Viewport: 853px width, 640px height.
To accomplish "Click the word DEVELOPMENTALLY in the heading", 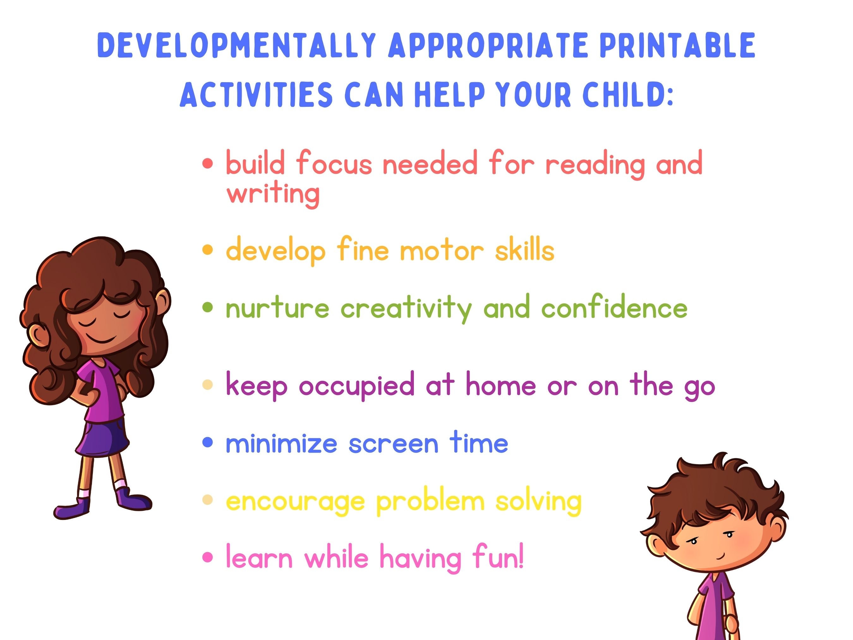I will point(236,46).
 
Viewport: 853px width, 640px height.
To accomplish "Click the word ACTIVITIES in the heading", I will point(256,94).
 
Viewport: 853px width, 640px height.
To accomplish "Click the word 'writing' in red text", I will point(273,193).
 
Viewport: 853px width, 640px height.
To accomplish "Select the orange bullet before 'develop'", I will point(208,250).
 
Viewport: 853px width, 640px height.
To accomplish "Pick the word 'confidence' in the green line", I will point(614,308).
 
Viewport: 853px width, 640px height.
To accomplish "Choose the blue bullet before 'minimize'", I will point(208,442).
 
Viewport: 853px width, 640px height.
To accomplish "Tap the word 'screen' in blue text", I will point(393,444).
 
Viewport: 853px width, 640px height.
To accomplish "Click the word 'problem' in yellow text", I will point(430,502).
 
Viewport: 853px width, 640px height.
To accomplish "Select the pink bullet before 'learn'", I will point(208,558).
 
